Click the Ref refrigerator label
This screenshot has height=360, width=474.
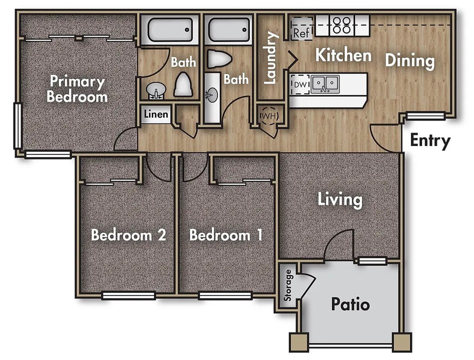tap(301, 32)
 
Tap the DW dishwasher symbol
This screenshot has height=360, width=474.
tap(300, 84)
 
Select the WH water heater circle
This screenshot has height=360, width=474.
tap(269, 115)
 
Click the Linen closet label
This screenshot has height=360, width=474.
tap(156, 114)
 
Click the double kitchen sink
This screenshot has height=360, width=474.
tap(325, 83)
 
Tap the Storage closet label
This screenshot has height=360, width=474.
tap(288, 285)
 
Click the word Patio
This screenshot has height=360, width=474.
tap(350, 304)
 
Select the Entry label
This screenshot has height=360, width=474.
tap(430, 141)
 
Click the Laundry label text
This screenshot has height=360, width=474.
tap(270, 57)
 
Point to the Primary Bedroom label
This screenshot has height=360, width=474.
tap(77, 89)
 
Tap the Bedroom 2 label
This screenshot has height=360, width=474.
tap(129, 235)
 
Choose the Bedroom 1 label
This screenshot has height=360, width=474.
tap(226, 235)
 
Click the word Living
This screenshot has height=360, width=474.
tap(340, 200)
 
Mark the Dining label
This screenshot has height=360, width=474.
tap(410, 60)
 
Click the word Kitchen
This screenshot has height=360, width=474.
tap(343, 55)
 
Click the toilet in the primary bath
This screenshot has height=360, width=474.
tap(183, 84)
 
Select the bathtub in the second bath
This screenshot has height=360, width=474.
tap(229, 29)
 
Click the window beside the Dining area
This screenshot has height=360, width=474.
tap(425, 115)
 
